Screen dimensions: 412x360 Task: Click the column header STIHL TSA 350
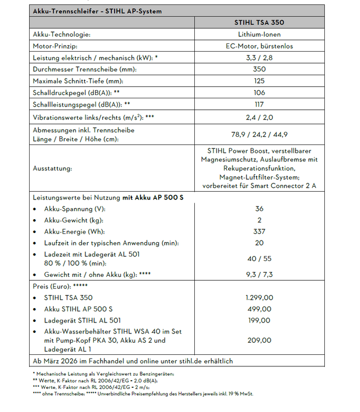[259, 23]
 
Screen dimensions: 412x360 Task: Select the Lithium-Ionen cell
[260, 35]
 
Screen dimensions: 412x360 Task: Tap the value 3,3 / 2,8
[260, 58]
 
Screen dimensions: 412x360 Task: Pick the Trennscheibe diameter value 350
[260, 69]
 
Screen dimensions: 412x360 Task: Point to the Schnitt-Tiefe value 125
[260, 81]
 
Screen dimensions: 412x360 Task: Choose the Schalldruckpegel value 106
[260, 92]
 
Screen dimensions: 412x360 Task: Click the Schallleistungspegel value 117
[260, 104]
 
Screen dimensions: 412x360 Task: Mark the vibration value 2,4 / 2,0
[260, 117]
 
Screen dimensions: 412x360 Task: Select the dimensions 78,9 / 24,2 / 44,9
[260, 135]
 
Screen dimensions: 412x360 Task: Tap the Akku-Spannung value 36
[260, 209]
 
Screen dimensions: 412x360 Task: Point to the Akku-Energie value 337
[260, 232]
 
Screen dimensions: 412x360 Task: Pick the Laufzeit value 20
[260, 243]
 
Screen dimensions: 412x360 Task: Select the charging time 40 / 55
[260, 259]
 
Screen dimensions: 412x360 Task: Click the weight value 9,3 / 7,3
[260, 274]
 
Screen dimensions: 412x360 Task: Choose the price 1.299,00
[260, 298]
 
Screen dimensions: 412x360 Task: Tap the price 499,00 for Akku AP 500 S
[260, 309]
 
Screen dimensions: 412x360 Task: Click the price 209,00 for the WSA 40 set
[260, 341]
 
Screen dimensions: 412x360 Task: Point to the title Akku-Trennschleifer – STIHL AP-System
[97, 11]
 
